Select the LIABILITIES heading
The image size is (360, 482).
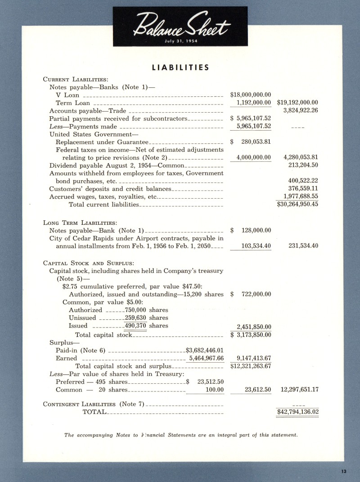click(x=180, y=68)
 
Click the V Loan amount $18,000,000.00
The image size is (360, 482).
click(x=250, y=95)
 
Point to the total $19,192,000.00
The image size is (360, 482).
click(x=297, y=103)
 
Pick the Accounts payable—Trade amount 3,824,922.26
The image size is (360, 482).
click(x=301, y=110)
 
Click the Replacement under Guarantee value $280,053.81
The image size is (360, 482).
click(x=251, y=141)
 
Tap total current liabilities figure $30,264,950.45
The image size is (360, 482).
click(x=297, y=204)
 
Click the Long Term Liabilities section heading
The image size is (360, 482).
click(x=80, y=223)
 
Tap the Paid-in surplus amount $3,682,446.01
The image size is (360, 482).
click(x=205, y=350)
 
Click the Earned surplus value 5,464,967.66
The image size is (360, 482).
click(x=207, y=358)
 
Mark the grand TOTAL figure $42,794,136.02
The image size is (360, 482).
click(x=297, y=412)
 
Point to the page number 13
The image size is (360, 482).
click(x=344, y=472)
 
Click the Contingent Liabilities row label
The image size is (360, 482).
click(x=93, y=404)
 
